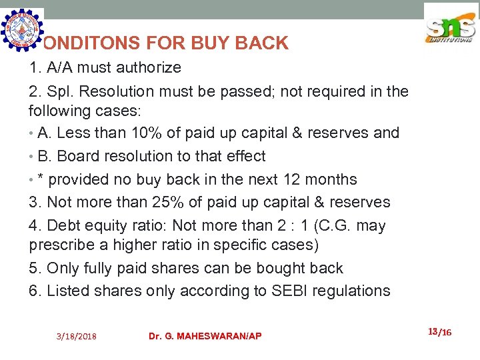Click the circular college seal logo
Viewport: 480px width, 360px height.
click(x=22, y=29)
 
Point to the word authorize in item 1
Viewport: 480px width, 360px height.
click(x=148, y=68)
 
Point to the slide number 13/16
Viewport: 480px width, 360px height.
click(x=439, y=331)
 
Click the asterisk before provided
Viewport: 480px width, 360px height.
click(x=41, y=179)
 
